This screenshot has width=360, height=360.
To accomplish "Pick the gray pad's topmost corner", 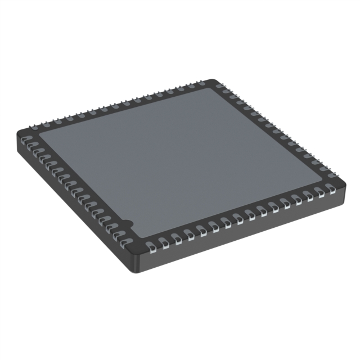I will pyautogui.click(x=212, y=88).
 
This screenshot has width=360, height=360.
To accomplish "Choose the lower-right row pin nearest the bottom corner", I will pyautogui.click(x=152, y=245).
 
